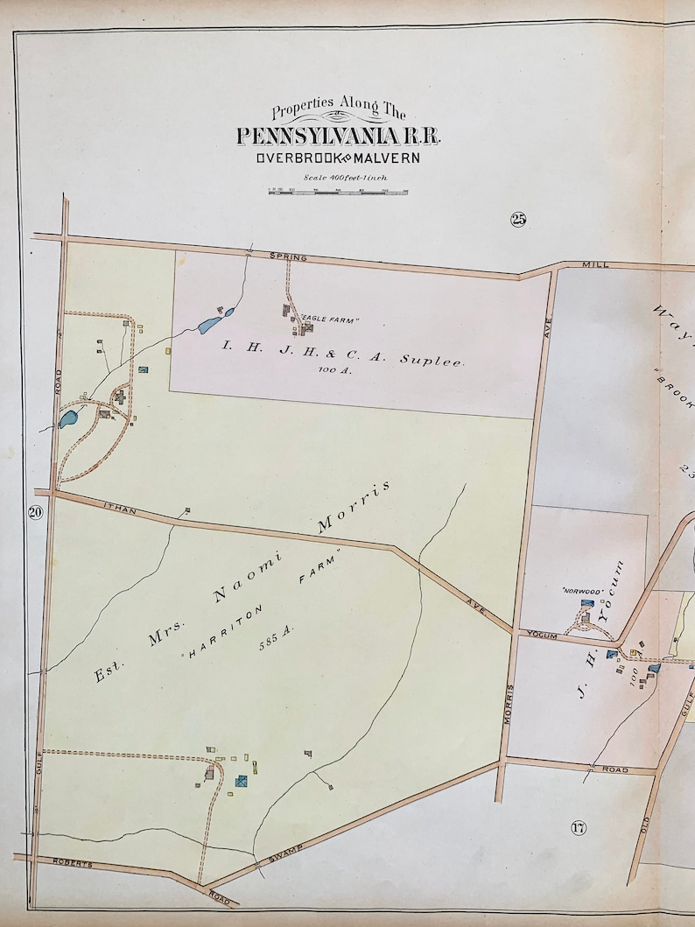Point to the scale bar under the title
(339, 190)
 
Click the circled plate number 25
(518, 220)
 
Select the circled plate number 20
(35, 513)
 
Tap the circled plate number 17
(578, 828)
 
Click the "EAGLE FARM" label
(330, 320)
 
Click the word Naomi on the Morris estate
(242, 583)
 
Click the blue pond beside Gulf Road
(67, 418)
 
